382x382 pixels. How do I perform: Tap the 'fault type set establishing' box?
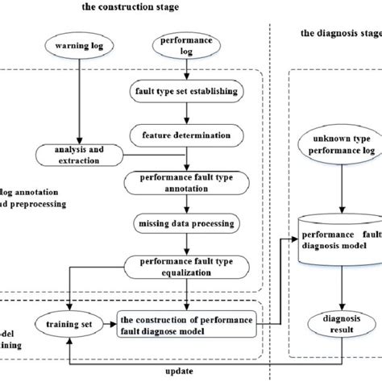pyautogui.click(x=187, y=91)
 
